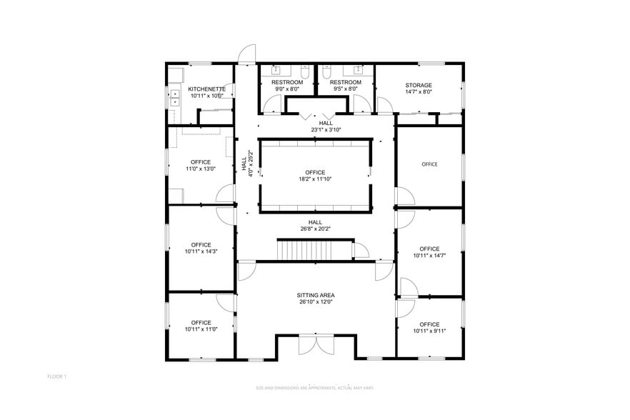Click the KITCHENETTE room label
pos(206,89)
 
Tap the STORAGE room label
pos(419,86)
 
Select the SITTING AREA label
pos(316,295)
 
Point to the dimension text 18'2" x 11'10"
pos(315,179)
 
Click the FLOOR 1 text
pos(56,376)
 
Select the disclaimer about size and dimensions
pos(314,388)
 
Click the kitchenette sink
pos(174,97)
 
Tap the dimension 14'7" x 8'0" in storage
pos(419,92)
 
